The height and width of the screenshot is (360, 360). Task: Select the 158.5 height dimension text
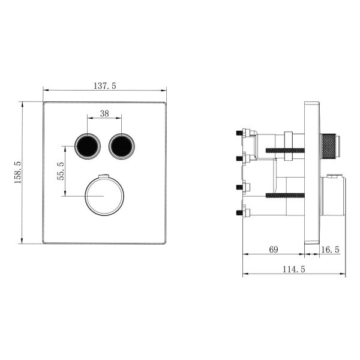pyautogui.click(x=18, y=172)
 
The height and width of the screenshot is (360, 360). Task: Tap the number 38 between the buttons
pyautogui.click(x=104, y=113)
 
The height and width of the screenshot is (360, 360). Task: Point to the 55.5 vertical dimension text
pyautogui.click(x=60, y=171)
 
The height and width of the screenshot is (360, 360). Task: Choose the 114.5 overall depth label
pyautogui.click(x=294, y=270)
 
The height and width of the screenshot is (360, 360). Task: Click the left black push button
pyautogui.click(x=86, y=145)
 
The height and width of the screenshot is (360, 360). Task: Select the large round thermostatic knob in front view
pyautogui.click(x=104, y=196)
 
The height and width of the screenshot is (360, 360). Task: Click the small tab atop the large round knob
pyautogui.click(x=104, y=175)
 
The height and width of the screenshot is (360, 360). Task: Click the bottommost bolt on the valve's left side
pyautogui.click(x=243, y=211)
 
